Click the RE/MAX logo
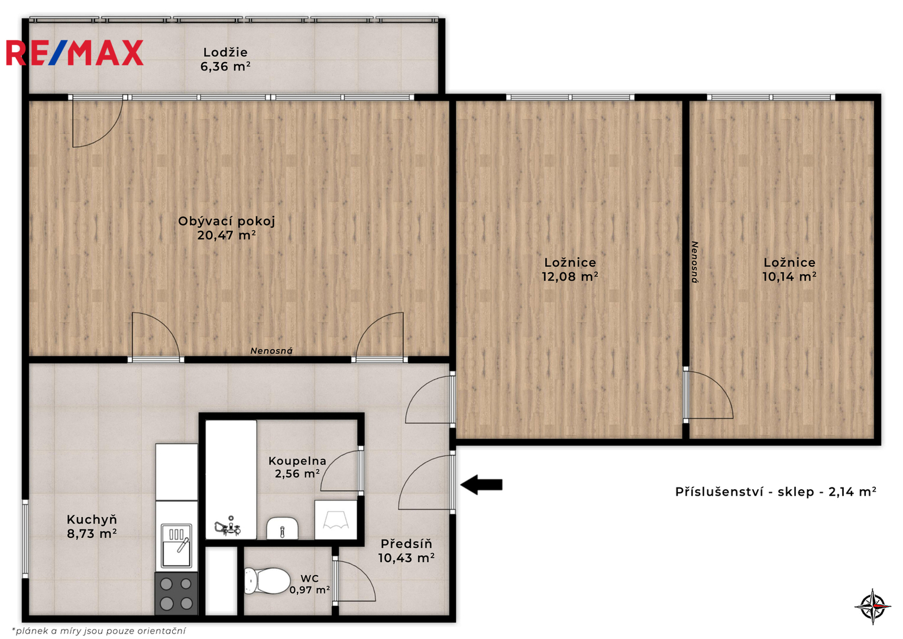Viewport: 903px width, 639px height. [x=75, y=53]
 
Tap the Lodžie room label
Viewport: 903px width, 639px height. [x=225, y=53]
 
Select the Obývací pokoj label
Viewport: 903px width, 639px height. [x=226, y=221]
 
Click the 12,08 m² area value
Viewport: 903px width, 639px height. [x=570, y=277]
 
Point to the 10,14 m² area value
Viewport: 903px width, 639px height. [x=789, y=277]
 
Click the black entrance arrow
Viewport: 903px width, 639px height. [x=481, y=485]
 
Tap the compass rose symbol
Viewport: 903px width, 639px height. [x=873, y=606]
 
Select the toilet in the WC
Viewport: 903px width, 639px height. [x=267, y=580]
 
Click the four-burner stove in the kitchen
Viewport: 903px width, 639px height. [x=177, y=594]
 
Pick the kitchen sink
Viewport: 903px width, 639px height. [x=176, y=546]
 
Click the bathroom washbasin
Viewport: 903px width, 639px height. [x=282, y=528]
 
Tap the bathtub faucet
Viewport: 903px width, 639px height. [x=228, y=526]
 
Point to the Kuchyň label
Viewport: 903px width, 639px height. [x=92, y=519]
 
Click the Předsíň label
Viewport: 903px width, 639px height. [x=406, y=544]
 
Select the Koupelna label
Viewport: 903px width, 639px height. [x=297, y=461]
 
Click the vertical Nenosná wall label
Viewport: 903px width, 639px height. [x=695, y=262]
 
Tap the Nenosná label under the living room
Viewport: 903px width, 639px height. [x=271, y=351]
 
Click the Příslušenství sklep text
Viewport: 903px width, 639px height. [x=776, y=492]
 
